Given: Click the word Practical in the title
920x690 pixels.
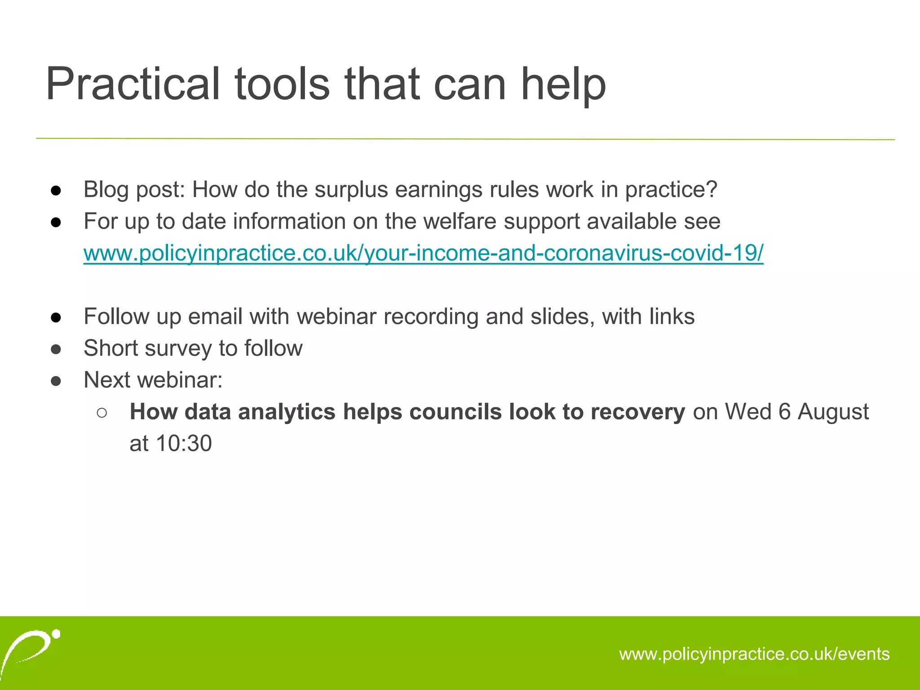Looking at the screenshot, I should (133, 84).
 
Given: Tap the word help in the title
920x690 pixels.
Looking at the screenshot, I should (563, 84).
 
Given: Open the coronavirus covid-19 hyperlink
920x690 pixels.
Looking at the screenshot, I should (423, 253).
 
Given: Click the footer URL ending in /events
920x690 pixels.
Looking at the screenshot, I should (754, 654).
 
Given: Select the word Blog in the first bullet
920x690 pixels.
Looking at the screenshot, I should (106, 190).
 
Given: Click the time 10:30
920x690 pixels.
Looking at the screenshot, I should (184, 443).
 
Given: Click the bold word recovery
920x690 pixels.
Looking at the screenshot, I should (638, 411).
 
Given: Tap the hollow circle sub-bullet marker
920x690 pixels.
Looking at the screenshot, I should (102, 412).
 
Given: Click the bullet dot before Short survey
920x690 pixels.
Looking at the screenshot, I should (56, 349).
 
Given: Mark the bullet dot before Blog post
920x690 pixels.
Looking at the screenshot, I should (56, 190).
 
